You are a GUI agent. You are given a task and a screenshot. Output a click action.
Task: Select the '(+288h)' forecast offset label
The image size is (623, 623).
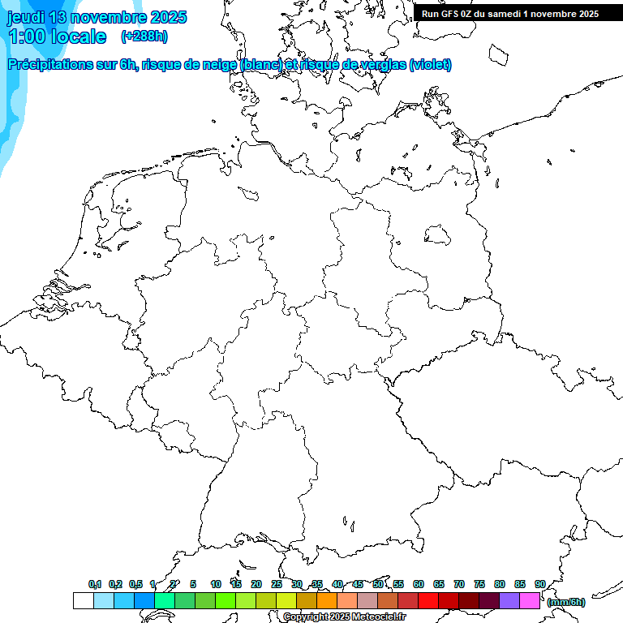coord(144,37)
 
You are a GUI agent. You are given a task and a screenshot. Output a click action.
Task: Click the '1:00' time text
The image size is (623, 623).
coord(26,37)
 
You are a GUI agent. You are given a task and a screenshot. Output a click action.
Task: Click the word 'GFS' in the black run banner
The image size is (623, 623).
coord(449,14)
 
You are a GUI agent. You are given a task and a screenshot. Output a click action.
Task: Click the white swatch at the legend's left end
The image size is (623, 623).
coord(83,601)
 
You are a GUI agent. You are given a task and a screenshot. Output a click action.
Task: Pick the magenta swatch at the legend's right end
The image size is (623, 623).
coord(530,601)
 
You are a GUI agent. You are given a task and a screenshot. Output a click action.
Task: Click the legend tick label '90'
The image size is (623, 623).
coord(539,584)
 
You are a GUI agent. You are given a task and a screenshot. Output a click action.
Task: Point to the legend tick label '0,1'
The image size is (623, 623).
coord(94,584)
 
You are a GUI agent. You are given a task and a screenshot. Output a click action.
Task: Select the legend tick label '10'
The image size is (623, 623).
coord(216,584)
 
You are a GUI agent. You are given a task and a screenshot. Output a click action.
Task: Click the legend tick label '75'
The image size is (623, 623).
coord(479,584)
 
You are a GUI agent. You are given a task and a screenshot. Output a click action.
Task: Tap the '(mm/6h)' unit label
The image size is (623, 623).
coord(566,602)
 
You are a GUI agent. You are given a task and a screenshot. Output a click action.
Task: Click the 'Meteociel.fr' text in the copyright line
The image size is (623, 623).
coord(377,617)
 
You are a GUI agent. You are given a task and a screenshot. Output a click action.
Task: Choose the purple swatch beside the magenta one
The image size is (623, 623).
coord(509,601)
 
